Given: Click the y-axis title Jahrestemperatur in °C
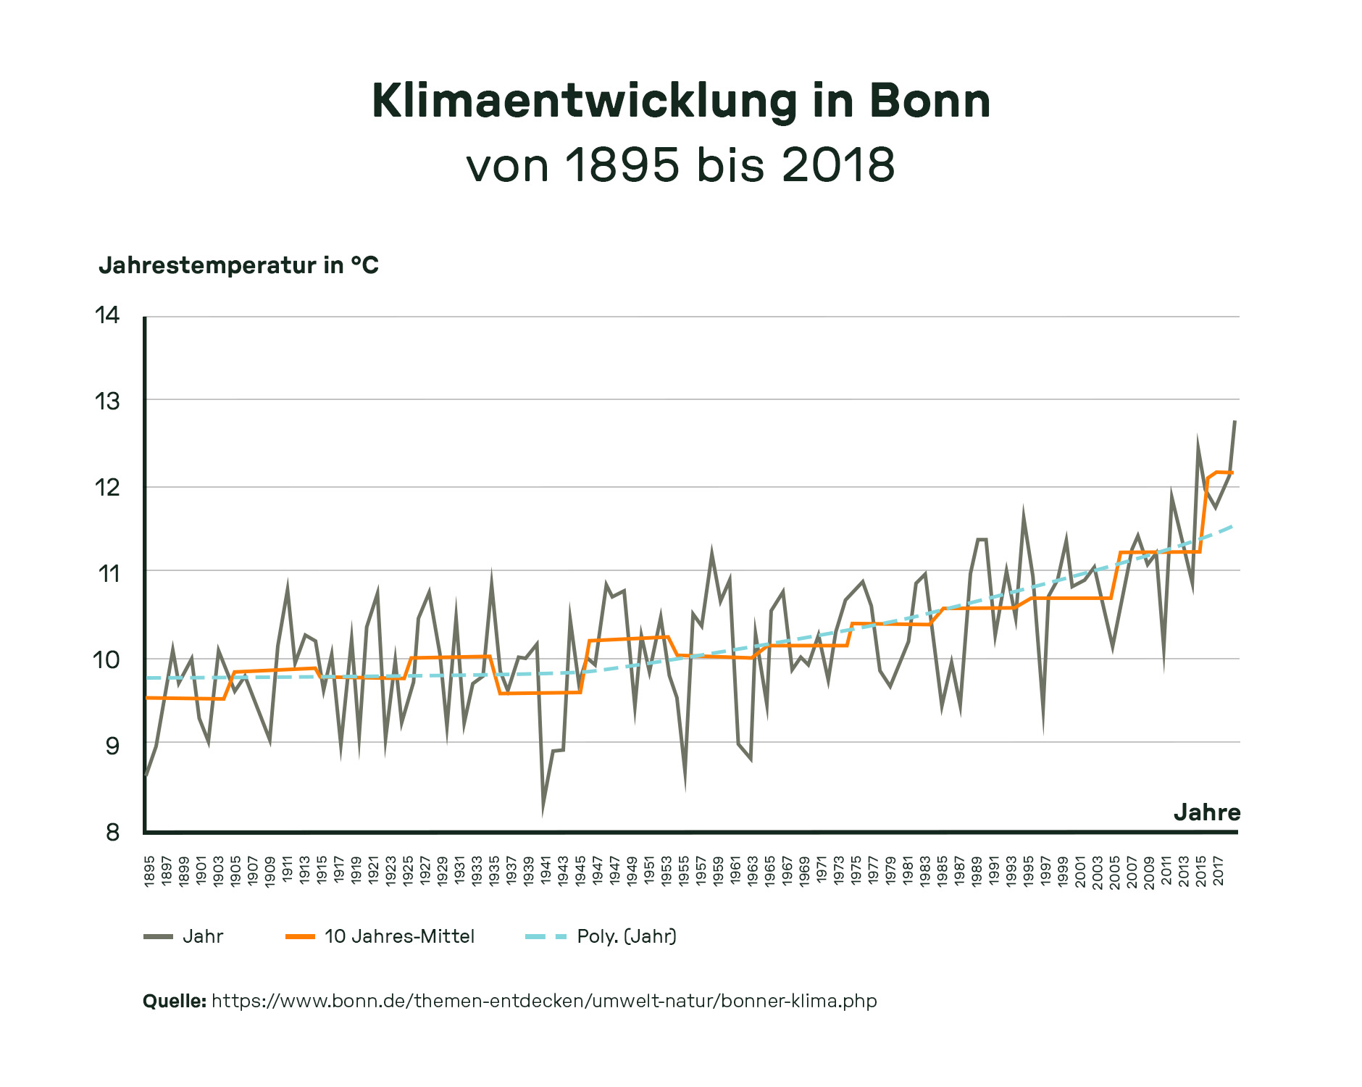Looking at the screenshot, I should click(x=238, y=265).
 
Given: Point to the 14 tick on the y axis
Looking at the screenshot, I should click(x=107, y=315).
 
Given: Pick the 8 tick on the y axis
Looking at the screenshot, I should click(x=112, y=832).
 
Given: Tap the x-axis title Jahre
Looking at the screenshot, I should click(x=1206, y=812).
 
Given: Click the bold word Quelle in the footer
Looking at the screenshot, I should click(x=174, y=1001).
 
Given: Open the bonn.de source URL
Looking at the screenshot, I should click(x=543, y=1001).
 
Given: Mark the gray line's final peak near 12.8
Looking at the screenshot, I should click(x=1234, y=422).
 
